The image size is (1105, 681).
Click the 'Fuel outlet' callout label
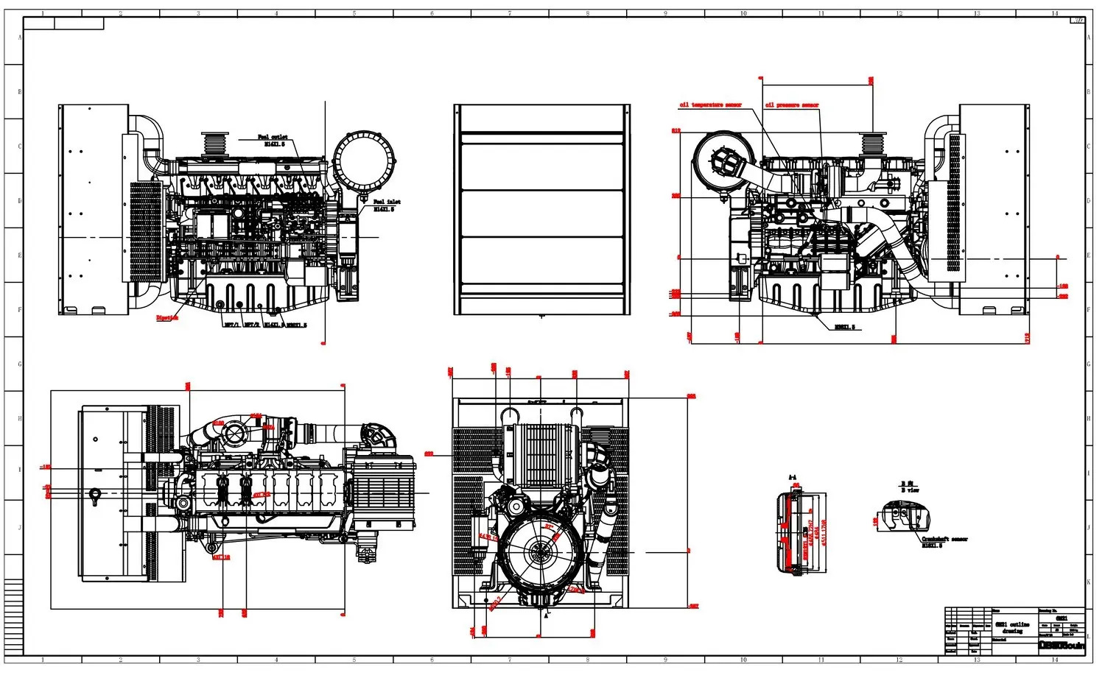click(x=273, y=138)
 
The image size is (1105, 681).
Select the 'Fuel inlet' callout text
click(x=387, y=202)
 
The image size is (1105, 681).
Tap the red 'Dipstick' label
click(x=167, y=318)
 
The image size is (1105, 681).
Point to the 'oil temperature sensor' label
click(x=710, y=105)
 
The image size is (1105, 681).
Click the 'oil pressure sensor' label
click(x=792, y=105)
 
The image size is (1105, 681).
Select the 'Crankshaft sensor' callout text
click(x=944, y=540)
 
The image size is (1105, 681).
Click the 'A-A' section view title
click(x=793, y=478)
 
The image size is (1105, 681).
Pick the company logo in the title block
click(x=1062, y=645)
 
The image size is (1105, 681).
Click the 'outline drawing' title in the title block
click(x=1012, y=627)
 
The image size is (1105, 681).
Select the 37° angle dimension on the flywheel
click(x=549, y=527)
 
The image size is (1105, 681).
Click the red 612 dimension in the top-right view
click(x=676, y=131)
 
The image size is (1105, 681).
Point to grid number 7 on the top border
click(x=510, y=13)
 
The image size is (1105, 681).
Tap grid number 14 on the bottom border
click(x=1054, y=660)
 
